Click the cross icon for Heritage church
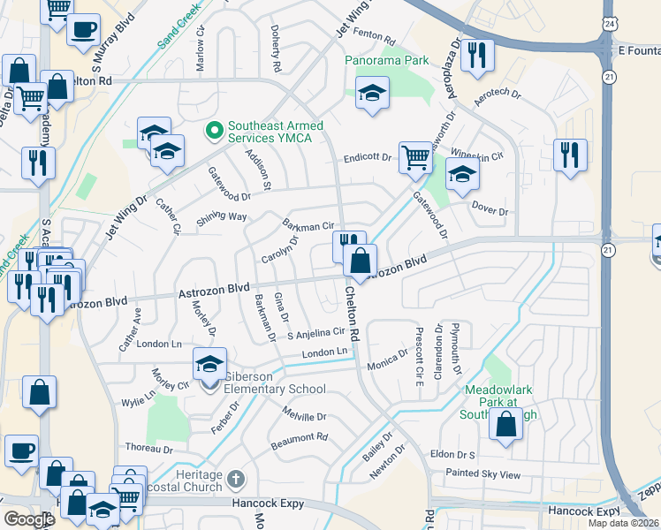234,480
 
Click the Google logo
28,519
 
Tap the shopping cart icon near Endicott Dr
414,158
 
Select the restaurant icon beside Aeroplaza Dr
476,55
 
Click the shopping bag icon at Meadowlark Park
505,425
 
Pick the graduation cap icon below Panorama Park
372,92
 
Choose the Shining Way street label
222,216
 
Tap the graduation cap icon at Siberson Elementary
210,363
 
